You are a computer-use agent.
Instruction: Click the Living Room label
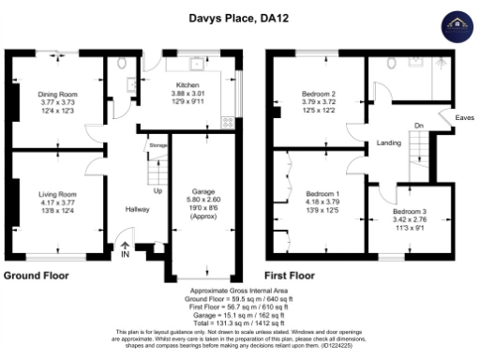(56, 194)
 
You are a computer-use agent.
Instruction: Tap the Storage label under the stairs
(157, 146)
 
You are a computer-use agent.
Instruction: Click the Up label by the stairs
(157, 190)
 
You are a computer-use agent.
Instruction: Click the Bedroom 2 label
(319, 95)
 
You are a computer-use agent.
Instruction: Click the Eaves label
(464, 117)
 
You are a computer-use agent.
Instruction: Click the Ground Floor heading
(37, 277)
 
